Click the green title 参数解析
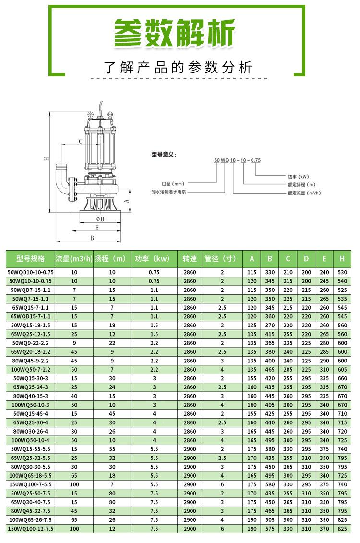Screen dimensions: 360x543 175,33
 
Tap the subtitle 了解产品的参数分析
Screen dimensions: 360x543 178,67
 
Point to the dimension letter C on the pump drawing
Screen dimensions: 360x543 81,141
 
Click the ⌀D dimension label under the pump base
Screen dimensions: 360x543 100,219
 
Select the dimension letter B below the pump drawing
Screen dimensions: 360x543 92,238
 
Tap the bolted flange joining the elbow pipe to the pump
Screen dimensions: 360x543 72,189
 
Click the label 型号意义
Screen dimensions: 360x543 164,154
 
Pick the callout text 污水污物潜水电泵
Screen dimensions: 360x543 168,192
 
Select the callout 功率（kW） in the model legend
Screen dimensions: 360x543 299,177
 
